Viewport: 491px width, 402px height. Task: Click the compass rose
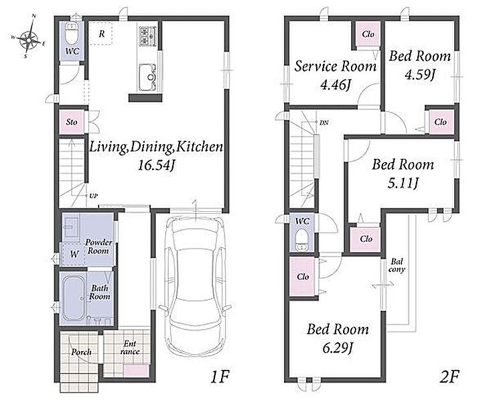coord(29,39)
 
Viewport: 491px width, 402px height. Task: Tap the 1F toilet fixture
coord(72,34)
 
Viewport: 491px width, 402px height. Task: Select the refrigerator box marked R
coord(101,33)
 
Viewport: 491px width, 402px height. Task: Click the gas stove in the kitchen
coord(147,36)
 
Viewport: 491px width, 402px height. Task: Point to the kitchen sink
coord(147,77)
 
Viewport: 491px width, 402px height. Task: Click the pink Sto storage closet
coord(72,122)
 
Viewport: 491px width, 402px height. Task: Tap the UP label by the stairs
coord(94,196)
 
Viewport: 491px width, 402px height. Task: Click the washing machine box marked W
coord(73,254)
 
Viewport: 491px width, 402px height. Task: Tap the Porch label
coord(82,352)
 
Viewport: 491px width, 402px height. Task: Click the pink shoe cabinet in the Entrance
coord(136,371)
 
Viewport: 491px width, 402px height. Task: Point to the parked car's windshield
coord(196,234)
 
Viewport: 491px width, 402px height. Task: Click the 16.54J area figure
coord(156,165)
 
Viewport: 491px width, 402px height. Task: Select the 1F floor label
coord(220,377)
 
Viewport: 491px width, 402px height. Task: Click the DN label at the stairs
coord(324,123)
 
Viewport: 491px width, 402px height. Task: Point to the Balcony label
coord(397,265)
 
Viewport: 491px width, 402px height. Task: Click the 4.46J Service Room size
coord(335,84)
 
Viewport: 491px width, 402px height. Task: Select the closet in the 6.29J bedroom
coord(303,277)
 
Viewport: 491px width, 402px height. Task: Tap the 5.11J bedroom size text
coord(403,184)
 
